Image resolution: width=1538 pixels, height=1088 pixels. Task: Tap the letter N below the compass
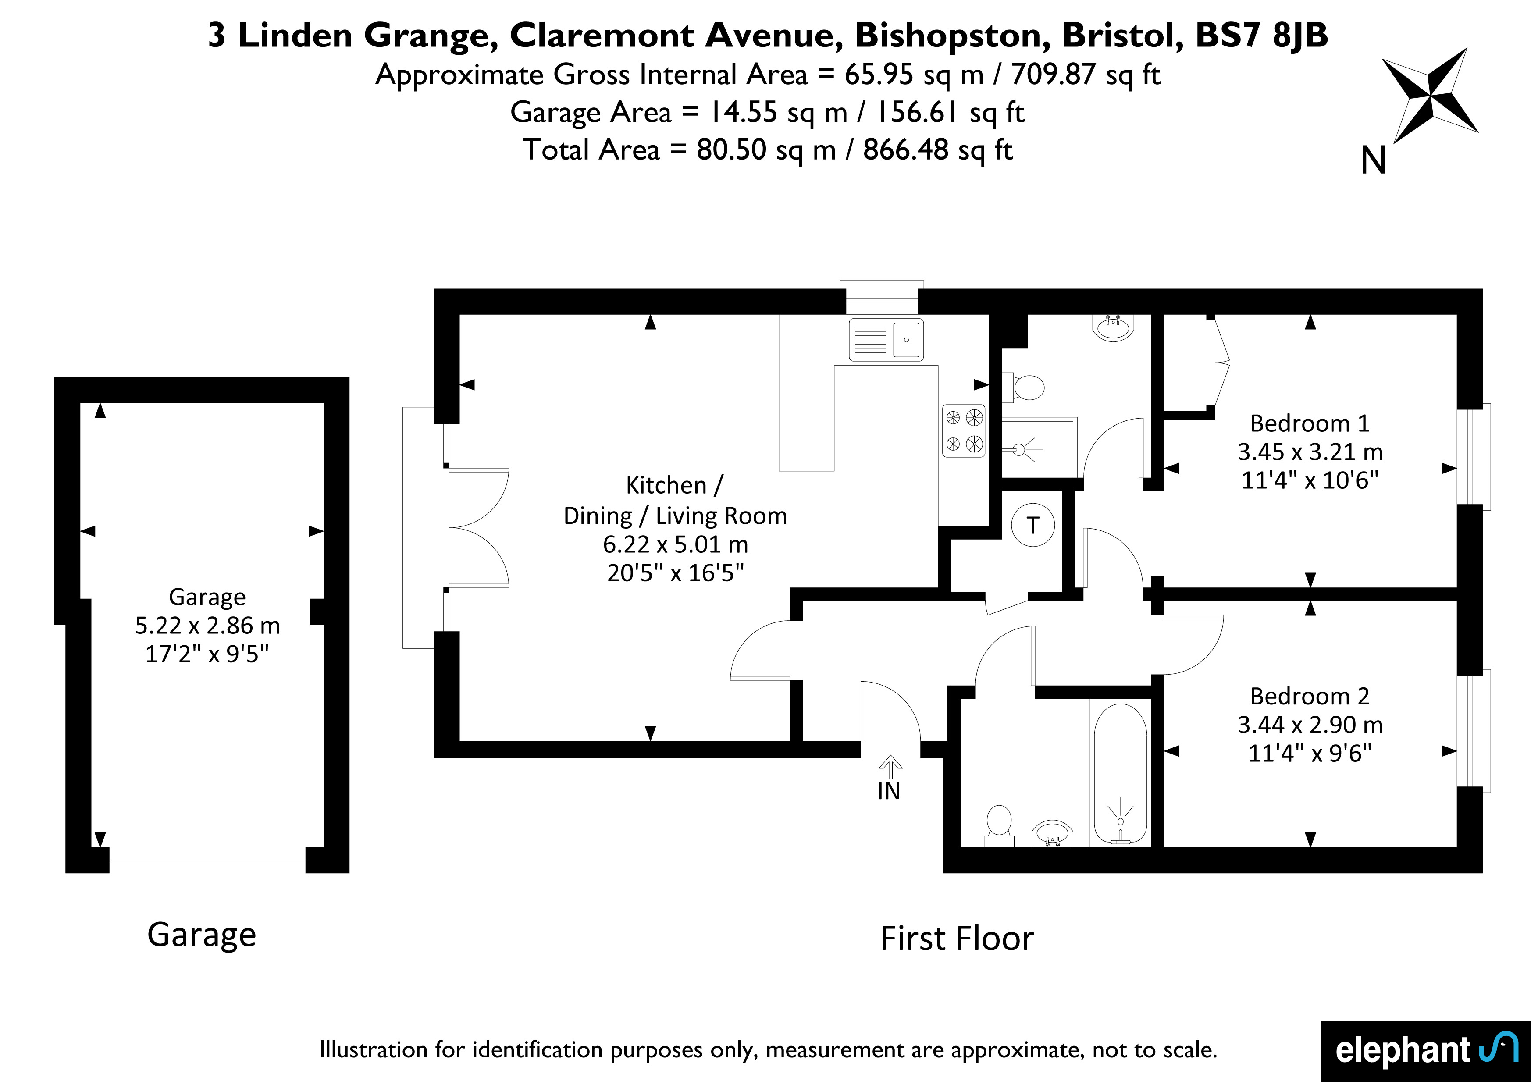point(1373,161)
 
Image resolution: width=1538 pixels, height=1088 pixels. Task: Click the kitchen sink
point(886,340)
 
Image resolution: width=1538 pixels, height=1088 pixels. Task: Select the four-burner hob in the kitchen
point(963,431)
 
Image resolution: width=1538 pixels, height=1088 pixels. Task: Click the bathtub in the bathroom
point(1120,773)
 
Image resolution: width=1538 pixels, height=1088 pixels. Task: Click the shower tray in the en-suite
point(1039,448)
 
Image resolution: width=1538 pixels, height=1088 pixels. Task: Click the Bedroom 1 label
point(1310,423)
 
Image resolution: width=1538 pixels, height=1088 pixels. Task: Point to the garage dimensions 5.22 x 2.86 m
point(207,625)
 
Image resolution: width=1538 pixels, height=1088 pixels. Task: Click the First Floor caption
point(957,939)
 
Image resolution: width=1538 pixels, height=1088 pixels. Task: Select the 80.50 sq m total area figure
point(766,150)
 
